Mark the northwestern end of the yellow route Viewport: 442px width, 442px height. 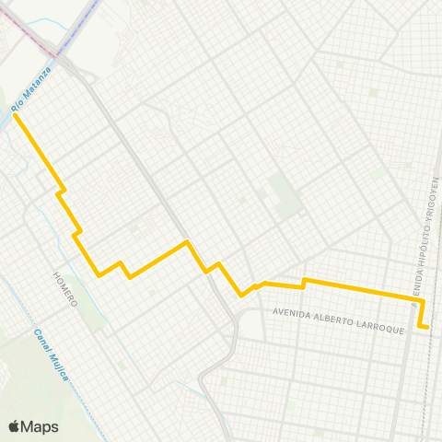15,115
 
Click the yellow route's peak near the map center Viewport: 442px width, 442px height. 188,242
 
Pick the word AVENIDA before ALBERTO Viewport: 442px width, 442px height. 290,314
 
